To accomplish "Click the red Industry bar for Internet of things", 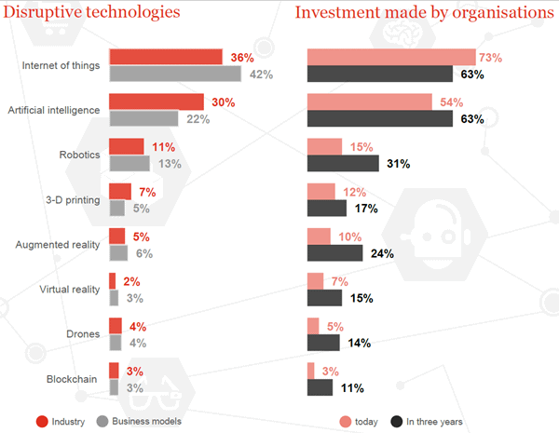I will [x=165, y=57].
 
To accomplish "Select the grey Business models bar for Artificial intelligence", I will [x=143, y=118].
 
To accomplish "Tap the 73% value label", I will [x=490, y=58].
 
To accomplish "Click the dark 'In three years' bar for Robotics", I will [x=343, y=164].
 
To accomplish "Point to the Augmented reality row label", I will [x=59, y=245].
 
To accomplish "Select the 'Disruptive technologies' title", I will [x=91, y=13].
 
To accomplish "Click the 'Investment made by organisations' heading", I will [x=425, y=13].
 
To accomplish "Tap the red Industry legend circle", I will [x=42, y=421].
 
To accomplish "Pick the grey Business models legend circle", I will [x=102, y=421].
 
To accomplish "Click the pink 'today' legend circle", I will [x=347, y=421].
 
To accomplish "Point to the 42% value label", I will [x=260, y=74].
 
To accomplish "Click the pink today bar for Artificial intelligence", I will [x=369, y=101].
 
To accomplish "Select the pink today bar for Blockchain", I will [x=310, y=371].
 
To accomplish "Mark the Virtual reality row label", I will [x=68, y=290].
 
